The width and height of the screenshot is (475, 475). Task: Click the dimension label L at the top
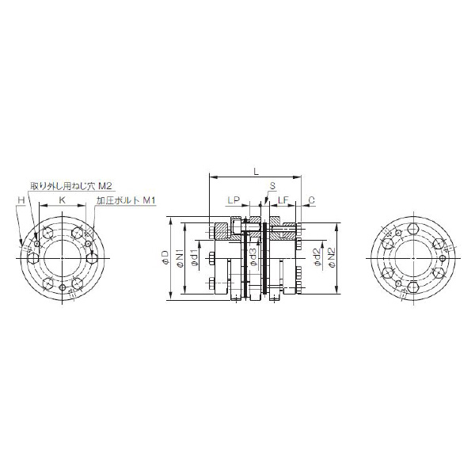(256, 172)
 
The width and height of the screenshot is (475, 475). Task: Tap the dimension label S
(272, 186)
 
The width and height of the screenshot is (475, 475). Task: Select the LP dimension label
(234, 200)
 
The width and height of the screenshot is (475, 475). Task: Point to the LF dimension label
(283, 200)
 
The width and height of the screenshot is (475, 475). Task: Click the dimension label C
(311, 200)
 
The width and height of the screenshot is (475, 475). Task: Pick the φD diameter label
(165, 258)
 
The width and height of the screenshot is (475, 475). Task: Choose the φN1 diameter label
(180, 258)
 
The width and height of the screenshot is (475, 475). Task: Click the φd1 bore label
(194, 256)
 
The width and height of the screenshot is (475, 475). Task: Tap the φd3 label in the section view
(253, 257)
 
